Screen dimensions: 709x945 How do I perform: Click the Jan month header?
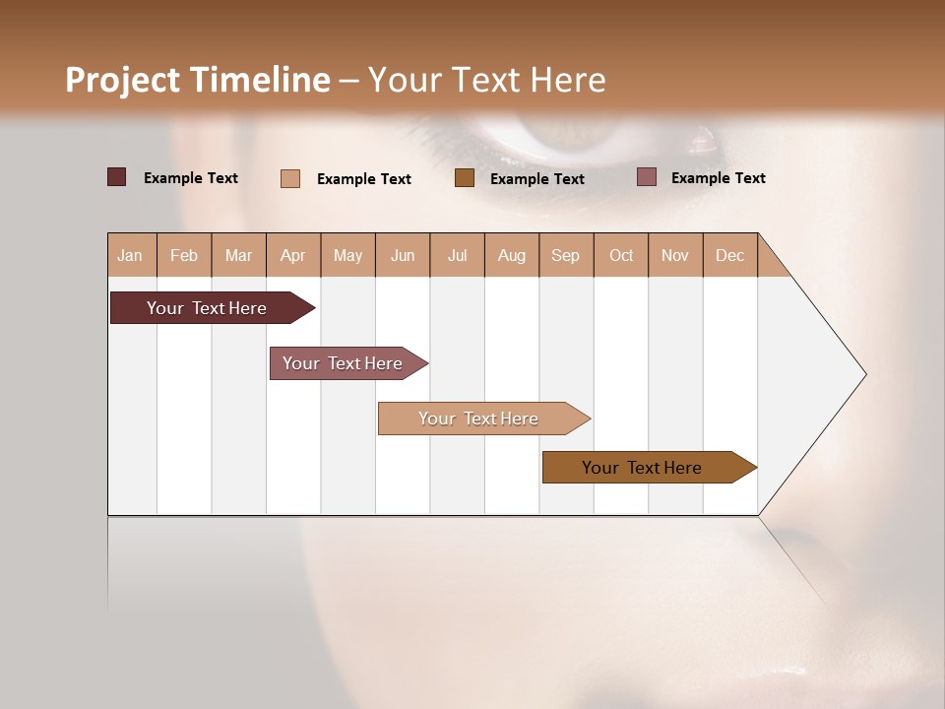[x=130, y=256]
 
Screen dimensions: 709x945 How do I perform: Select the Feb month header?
[x=184, y=256]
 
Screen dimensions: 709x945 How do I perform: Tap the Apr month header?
[x=293, y=256]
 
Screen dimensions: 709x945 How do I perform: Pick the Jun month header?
[x=403, y=256]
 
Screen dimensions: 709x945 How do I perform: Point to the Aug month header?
[x=512, y=256]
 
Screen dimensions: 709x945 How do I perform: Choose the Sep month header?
[x=566, y=256]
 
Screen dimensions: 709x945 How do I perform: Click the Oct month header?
[x=621, y=256]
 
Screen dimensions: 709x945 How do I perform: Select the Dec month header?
[x=730, y=256]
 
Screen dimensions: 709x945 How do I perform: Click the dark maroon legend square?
[x=117, y=177]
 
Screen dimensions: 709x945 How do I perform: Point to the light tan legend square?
[x=290, y=178]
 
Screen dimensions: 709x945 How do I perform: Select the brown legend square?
[x=465, y=177]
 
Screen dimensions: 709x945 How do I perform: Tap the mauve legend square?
[x=646, y=177]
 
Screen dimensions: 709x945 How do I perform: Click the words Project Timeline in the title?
[x=197, y=80]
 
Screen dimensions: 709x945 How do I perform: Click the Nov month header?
[x=675, y=256]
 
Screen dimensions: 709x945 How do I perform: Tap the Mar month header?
[x=238, y=256]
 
